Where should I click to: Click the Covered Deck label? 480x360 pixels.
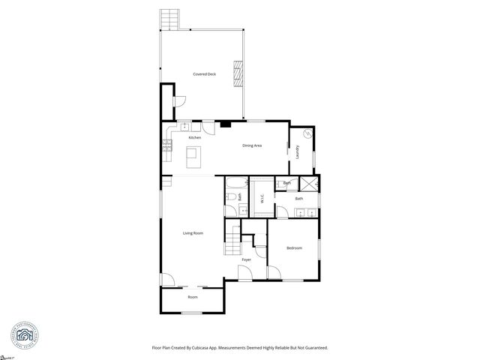(x=204, y=74)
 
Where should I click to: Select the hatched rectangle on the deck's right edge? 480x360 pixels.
(x=238, y=73)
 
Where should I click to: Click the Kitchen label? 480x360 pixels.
(x=194, y=138)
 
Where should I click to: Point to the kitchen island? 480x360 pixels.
(x=193, y=157)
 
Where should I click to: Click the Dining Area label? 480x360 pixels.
(x=251, y=145)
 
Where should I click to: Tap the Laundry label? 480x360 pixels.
(x=298, y=152)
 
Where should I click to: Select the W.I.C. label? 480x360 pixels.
(x=262, y=199)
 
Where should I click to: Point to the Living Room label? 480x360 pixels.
(x=193, y=233)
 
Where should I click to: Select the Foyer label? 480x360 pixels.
(x=246, y=259)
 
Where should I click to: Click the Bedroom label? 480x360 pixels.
(x=294, y=247)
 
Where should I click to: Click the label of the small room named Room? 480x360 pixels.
(x=193, y=297)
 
